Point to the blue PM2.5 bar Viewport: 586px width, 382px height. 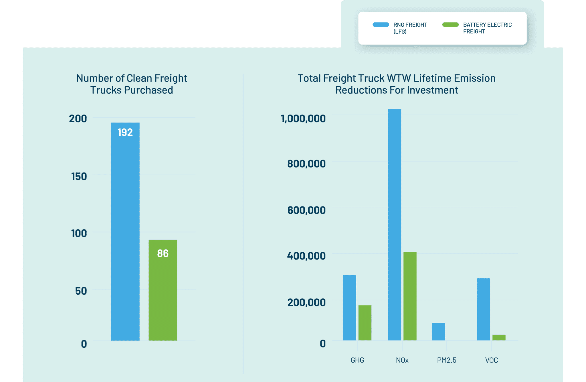438,332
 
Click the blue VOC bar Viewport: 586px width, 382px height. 483,309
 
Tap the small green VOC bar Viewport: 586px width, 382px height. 499,338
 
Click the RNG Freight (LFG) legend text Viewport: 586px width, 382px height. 410,28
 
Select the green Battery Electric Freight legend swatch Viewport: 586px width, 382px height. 450,25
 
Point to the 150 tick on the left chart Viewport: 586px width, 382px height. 79,176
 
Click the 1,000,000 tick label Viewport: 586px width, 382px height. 303,119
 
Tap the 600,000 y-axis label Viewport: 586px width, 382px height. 306,210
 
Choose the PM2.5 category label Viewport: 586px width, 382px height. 446,360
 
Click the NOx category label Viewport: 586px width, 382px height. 402,360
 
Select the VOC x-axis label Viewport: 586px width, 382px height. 491,360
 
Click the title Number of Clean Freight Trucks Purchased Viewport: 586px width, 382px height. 132,84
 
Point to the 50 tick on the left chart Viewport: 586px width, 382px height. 81,291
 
